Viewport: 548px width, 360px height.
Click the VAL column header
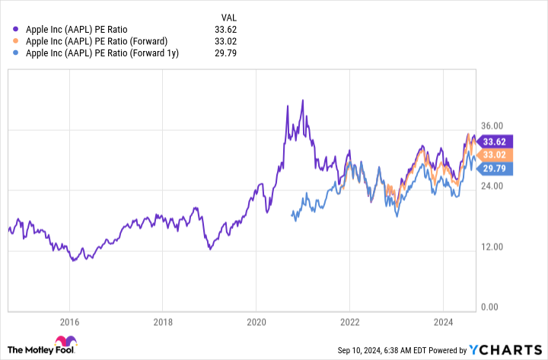pos(228,16)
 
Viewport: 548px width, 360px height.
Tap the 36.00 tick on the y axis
pos(492,126)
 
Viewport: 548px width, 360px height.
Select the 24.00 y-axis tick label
pos(492,186)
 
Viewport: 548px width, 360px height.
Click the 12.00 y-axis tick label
pos(492,247)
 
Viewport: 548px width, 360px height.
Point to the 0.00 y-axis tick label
pos(490,307)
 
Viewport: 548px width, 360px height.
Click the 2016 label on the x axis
pos(69,322)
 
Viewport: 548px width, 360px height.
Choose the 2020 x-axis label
pos(256,322)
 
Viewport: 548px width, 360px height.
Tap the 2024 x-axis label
pos(442,322)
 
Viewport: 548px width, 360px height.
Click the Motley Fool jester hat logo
pos(67,344)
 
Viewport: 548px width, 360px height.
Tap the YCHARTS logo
pos(505,349)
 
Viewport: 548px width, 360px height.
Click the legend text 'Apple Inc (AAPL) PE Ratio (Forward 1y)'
pos(102,53)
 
